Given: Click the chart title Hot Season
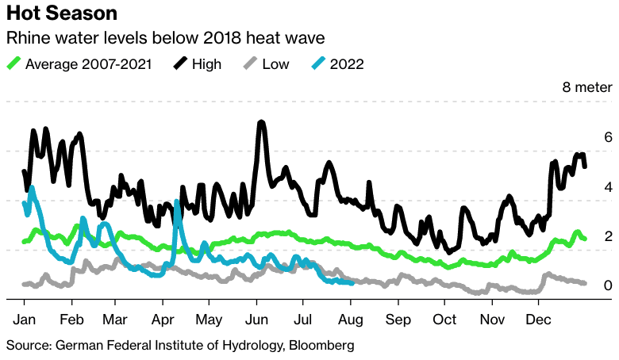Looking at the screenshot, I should pos(62,13).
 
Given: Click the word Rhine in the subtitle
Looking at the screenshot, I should pos(28,38).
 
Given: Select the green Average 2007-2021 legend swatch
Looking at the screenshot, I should pos(13,64).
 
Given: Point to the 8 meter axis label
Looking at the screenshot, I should pos(582,87).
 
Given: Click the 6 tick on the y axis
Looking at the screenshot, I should pos(586,137).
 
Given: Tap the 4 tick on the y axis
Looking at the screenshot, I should pos(586,187).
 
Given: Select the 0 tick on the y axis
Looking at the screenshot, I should pos(586,285).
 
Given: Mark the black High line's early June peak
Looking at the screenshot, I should pos(260,123).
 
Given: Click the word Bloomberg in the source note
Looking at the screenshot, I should pos(315,346).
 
